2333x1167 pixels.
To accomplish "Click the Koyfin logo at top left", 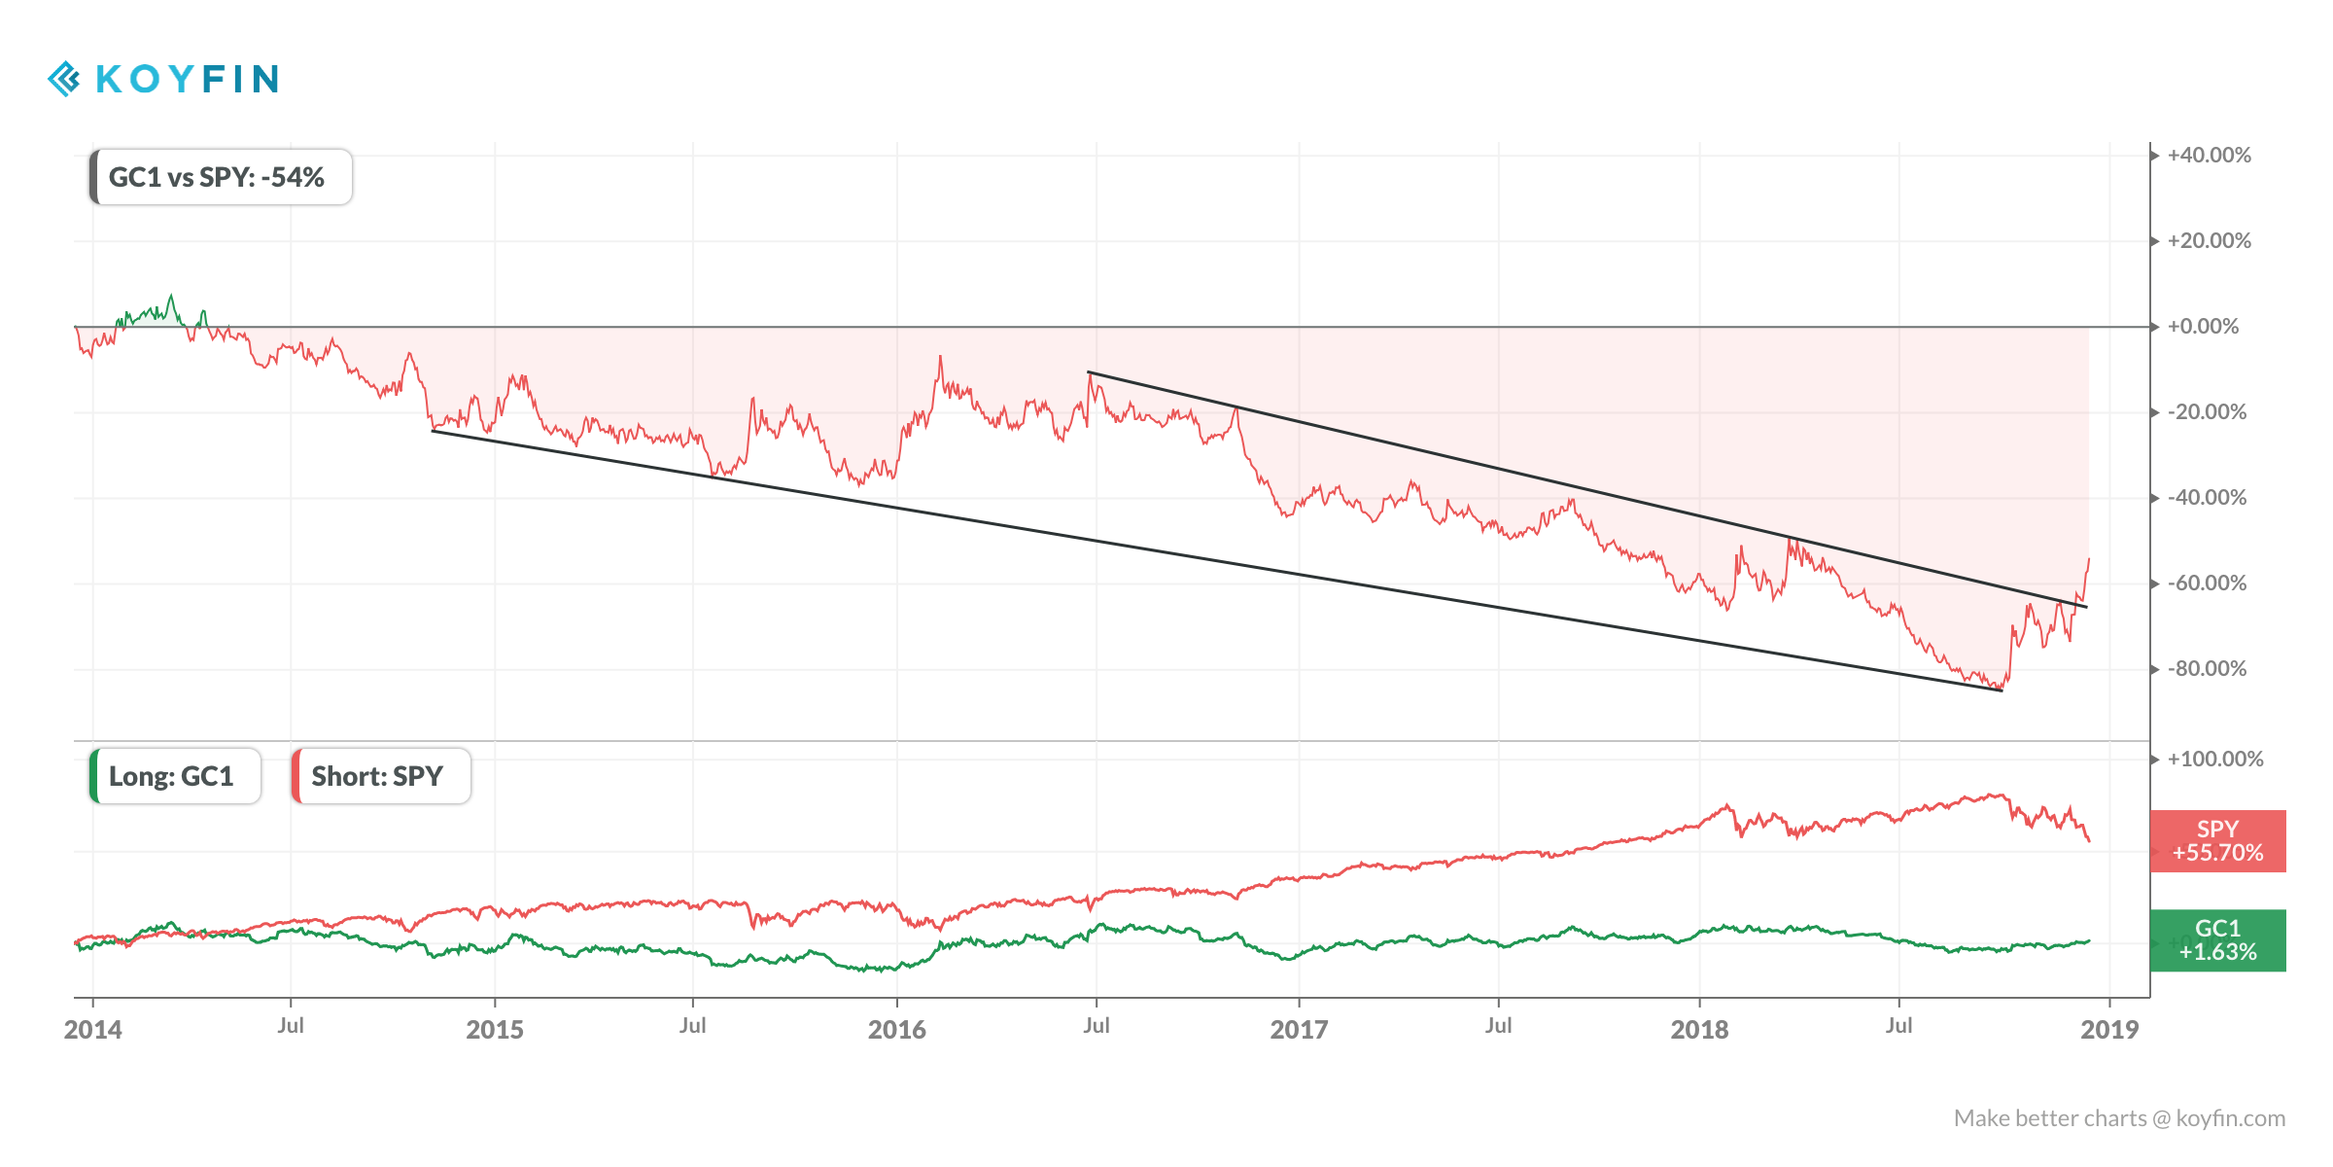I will click(x=163, y=79).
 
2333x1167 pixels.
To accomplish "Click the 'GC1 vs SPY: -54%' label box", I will click(x=221, y=177).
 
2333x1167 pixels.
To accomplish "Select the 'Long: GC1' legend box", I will click(x=175, y=776).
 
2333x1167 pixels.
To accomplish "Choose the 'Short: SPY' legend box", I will click(x=380, y=776).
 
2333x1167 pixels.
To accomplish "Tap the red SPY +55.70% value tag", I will click(x=2217, y=841).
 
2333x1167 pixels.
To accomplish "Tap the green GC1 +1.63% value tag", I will click(x=2217, y=940).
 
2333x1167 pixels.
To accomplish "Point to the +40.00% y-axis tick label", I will click(x=2209, y=156).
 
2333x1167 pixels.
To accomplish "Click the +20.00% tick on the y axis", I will click(x=2209, y=241).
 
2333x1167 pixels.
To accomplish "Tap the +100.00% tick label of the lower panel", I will click(x=2214, y=760).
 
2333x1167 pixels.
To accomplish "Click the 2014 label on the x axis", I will click(x=93, y=1029).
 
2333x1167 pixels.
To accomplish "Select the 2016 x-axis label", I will click(x=896, y=1029).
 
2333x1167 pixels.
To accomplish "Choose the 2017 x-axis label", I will click(x=1299, y=1029).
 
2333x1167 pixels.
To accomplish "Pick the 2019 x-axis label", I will click(x=2109, y=1029).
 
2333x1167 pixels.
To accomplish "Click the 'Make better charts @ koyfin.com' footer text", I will click(x=2119, y=1118).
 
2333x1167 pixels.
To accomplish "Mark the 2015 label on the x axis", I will click(x=495, y=1029).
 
